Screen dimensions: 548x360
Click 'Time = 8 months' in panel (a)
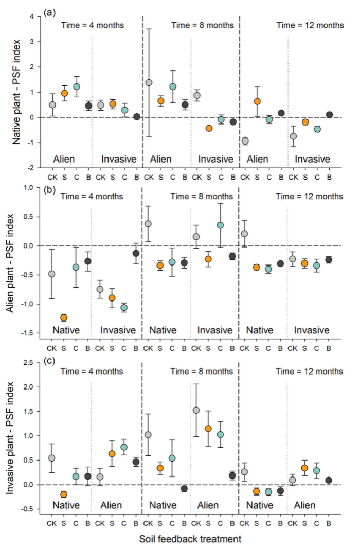[x=202, y=25]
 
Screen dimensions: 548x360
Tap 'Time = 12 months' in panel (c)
[x=310, y=371]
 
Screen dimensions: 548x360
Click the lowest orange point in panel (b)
[x=64, y=317]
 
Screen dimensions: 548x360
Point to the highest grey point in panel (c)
[x=196, y=410]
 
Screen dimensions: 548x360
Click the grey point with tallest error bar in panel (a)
[x=149, y=82]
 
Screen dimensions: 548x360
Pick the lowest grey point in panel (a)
[x=245, y=140]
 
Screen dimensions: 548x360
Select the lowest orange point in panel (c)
[x=64, y=494]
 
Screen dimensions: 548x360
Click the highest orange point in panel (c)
[x=208, y=428]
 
